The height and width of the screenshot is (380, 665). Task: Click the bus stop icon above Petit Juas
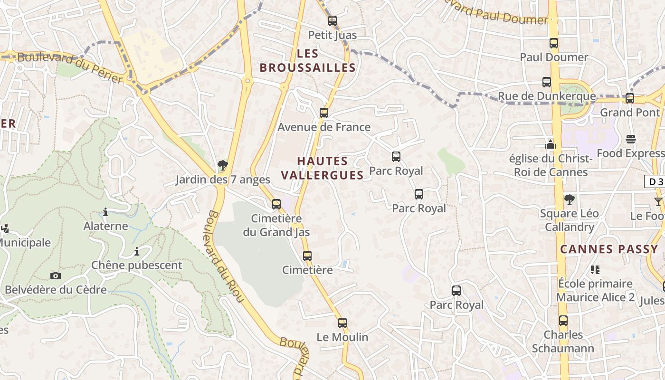[x=332, y=21]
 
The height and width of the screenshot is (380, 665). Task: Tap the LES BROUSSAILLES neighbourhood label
[x=308, y=61]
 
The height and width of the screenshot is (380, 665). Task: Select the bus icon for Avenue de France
[x=324, y=113]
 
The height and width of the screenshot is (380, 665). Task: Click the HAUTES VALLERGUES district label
[x=323, y=168]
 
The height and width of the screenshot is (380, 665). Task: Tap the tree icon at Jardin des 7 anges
[x=222, y=165]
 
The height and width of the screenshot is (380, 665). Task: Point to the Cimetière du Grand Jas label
[x=276, y=226]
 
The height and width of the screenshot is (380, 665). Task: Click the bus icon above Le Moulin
[x=342, y=323]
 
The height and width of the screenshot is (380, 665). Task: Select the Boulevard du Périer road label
[x=70, y=67]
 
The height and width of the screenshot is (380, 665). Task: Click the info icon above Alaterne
[x=105, y=212]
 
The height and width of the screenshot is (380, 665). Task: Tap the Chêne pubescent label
[x=137, y=266]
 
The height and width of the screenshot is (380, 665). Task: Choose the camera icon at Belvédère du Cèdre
[x=56, y=275]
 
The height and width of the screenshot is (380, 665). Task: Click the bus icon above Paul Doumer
[x=554, y=43]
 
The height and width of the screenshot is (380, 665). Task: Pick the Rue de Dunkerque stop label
[x=546, y=96]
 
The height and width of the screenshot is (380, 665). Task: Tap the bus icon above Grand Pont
[x=630, y=98]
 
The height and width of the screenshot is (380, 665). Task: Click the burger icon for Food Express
[x=631, y=139]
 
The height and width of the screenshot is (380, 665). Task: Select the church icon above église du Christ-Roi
[x=551, y=144]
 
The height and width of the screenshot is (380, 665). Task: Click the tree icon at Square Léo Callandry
[x=569, y=199]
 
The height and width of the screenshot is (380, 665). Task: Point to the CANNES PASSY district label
[x=609, y=249]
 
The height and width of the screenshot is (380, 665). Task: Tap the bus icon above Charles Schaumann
[x=563, y=321]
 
